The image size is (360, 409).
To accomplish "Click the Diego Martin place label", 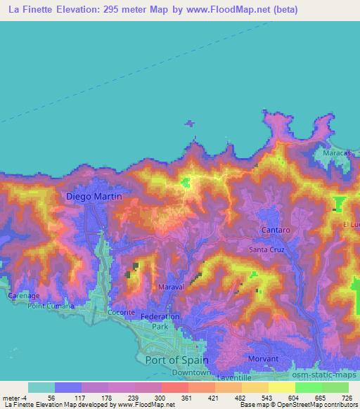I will click(x=94, y=197).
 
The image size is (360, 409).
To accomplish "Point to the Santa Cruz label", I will click(x=266, y=249).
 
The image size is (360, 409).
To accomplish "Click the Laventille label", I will click(x=233, y=377).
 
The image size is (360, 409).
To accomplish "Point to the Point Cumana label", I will click(x=50, y=306).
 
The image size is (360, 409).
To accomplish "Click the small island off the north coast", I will click(x=189, y=124).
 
